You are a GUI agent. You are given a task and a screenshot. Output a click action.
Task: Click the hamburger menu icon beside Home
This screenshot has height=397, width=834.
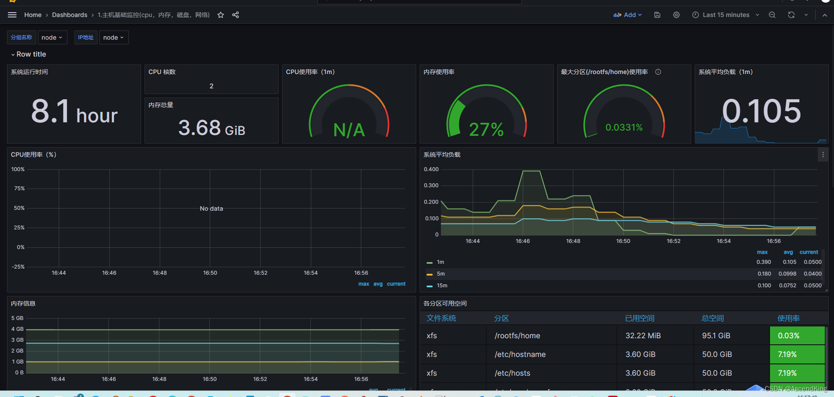click(12, 15)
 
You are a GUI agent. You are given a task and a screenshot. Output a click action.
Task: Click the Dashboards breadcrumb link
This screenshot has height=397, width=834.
click(70, 15)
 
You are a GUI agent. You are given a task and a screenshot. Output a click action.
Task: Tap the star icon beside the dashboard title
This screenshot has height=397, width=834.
click(221, 15)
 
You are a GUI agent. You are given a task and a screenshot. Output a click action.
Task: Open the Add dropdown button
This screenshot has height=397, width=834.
click(628, 15)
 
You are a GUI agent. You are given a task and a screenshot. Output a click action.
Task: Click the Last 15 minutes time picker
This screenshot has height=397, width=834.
click(726, 15)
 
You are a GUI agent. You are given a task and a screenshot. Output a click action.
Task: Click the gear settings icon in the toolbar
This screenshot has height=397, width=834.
click(676, 15)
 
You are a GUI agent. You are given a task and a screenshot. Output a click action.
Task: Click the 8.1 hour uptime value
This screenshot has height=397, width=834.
click(74, 112)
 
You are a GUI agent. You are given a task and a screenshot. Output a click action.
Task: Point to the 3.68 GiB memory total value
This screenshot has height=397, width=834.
click(212, 128)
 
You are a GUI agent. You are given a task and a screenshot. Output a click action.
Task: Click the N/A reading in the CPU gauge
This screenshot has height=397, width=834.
click(349, 130)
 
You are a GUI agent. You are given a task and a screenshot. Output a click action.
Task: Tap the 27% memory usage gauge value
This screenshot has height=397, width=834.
click(486, 129)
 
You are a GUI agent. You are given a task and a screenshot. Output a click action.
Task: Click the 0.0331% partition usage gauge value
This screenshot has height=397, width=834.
click(624, 128)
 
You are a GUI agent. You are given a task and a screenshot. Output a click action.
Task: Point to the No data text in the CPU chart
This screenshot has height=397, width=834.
click(211, 209)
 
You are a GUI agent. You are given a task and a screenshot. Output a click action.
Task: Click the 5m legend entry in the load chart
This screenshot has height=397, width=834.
click(441, 274)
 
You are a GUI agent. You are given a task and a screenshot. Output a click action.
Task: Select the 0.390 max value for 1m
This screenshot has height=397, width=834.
click(763, 262)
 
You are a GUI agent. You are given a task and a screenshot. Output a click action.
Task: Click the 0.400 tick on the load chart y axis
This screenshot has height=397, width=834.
click(431, 169)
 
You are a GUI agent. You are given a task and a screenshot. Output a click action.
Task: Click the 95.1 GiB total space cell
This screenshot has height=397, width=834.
click(716, 336)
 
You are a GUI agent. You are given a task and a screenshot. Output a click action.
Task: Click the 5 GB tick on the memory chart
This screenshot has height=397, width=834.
click(17, 318)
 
